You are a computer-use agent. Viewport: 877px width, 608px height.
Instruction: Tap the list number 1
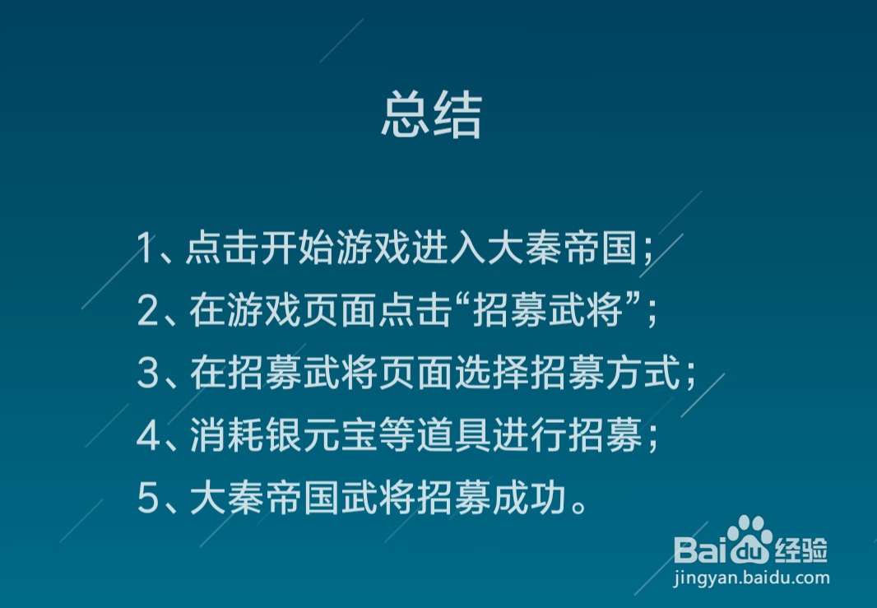tap(144, 248)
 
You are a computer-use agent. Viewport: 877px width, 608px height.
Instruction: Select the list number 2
tap(147, 310)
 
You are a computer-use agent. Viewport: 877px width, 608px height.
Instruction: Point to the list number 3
tap(148, 373)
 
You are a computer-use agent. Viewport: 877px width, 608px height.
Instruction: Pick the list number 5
tap(148, 499)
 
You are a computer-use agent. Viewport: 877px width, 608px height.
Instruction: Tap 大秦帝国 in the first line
tap(563, 247)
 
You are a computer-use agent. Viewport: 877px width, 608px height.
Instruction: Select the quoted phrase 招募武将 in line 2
tap(548, 310)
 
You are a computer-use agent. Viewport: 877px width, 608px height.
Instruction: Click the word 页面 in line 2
tap(340, 310)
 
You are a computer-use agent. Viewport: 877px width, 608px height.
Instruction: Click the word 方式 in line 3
tap(643, 373)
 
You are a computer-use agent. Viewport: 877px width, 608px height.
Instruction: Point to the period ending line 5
tap(579, 508)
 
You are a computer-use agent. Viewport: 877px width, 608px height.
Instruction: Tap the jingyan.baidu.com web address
tap(751, 578)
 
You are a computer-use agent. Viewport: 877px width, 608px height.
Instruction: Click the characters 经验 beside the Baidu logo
tap(801, 550)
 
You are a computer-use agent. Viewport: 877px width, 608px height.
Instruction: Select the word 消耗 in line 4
tap(227, 435)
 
